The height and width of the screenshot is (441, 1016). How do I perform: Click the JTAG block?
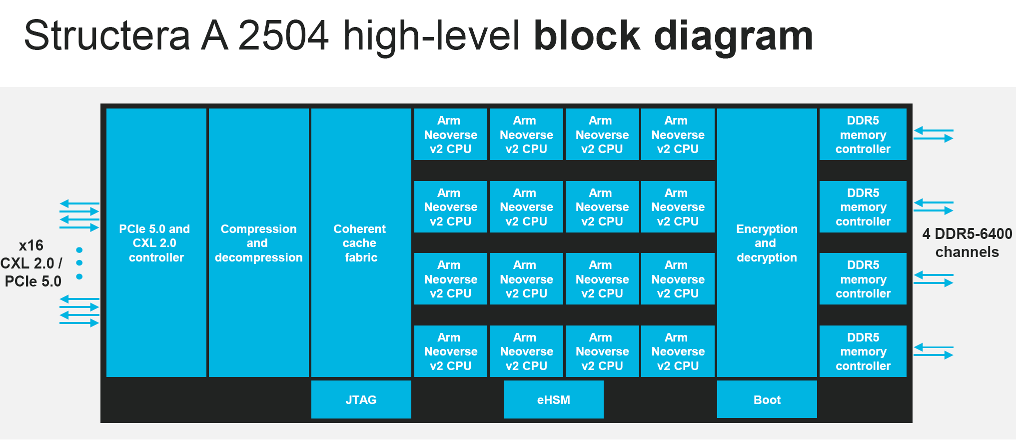click(361, 399)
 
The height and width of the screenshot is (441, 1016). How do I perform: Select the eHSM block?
click(553, 399)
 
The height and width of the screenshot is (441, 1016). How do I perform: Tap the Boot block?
click(767, 399)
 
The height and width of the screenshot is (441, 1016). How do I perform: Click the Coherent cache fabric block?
click(361, 242)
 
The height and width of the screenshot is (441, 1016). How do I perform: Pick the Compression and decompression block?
click(258, 242)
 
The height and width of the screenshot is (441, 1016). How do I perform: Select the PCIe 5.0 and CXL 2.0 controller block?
click(156, 242)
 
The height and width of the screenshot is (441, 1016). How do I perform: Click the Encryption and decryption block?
click(767, 242)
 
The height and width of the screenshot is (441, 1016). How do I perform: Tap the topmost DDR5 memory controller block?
click(863, 134)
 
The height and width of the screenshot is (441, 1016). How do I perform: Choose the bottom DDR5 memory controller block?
click(863, 351)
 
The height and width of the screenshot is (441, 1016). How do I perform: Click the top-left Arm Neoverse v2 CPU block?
click(450, 134)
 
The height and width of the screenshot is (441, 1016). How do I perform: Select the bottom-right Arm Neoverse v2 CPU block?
click(678, 351)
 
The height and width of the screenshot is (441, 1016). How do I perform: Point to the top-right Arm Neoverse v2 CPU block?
click(678, 134)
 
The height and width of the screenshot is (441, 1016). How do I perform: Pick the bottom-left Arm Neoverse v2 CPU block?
click(450, 351)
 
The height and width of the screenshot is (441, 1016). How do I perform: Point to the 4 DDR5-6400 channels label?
click(967, 242)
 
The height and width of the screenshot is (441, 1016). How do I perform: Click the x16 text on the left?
click(31, 245)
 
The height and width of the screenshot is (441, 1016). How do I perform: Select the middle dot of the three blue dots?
click(79, 263)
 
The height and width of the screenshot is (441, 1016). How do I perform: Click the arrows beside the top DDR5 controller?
click(934, 134)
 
